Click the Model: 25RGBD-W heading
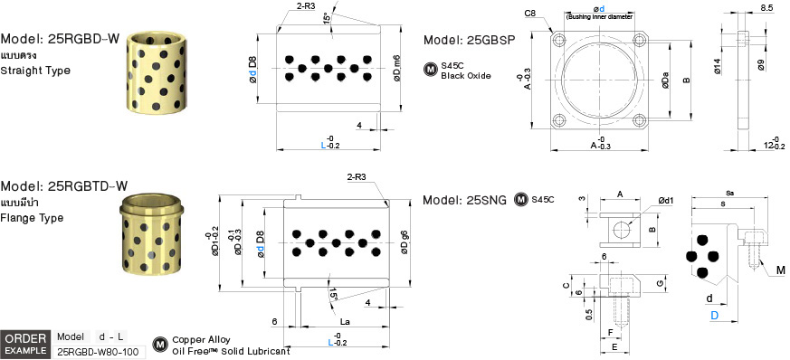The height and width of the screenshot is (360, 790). click(x=61, y=40)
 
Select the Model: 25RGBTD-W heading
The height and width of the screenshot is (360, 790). click(x=64, y=186)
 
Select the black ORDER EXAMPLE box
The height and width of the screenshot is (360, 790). click(x=25, y=344)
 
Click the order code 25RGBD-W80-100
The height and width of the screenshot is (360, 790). click(x=98, y=352)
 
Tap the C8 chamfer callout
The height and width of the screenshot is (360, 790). click(x=531, y=14)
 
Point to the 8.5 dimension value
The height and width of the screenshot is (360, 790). click(x=766, y=8)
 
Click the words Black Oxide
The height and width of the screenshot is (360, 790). click(x=466, y=76)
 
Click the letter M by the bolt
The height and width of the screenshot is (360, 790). click(x=779, y=269)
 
